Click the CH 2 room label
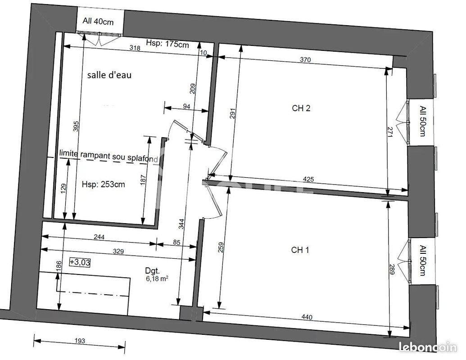[x=301, y=108]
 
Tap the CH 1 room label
[x=300, y=250]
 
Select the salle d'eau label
[x=109, y=75]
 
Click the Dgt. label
[x=152, y=271]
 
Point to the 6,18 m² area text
[x=157, y=279]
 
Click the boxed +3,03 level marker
[x=80, y=262]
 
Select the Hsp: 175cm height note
[x=167, y=44]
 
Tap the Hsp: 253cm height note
[x=103, y=184]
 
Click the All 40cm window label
[x=98, y=22]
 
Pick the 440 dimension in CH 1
[x=307, y=317]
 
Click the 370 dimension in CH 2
[x=305, y=60]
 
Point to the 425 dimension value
[x=308, y=180]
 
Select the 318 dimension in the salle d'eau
[x=135, y=48]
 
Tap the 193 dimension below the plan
[x=80, y=341]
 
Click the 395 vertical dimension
[x=76, y=126]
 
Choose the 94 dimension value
[x=186, y=106]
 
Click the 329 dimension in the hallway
[x=118, y=252]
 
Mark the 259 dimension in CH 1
[x=221, y=247]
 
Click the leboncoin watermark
[x=428, y=347]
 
